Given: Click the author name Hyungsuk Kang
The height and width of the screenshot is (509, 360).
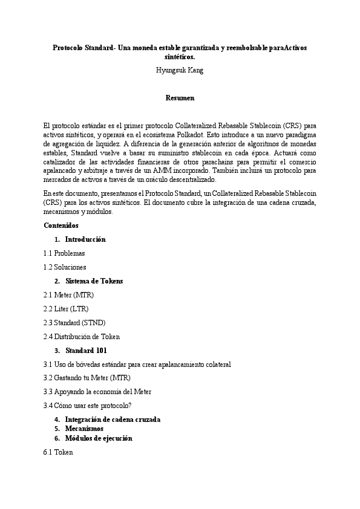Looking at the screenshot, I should [180, 70].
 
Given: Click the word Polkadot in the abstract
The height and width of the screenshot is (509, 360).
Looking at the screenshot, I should [195, 135].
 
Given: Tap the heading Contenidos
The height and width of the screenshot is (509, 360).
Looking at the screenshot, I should [61, 225].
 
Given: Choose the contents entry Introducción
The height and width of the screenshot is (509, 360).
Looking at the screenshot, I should [85, 239].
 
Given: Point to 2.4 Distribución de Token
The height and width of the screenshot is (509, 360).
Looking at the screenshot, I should [82, 337].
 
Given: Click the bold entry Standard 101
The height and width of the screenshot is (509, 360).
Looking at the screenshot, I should [87, 351].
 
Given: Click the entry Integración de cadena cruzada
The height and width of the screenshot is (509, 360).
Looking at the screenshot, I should [113, 420].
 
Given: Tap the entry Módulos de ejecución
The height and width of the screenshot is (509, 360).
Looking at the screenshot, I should [99, 438].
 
